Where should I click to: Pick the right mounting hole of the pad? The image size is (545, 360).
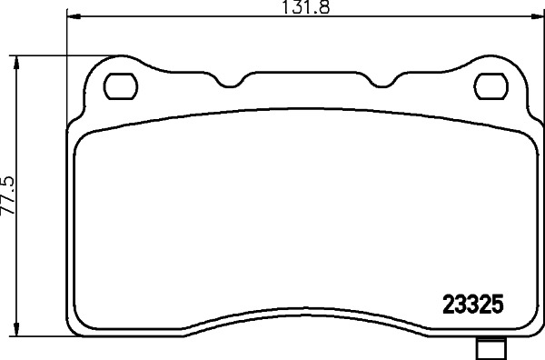[490, 86]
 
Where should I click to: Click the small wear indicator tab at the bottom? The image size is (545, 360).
[490, 347]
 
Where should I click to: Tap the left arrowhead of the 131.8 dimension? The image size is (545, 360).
[74, 17]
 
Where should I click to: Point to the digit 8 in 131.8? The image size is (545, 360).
[320, 8]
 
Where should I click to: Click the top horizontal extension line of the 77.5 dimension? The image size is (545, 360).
[54, 54]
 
